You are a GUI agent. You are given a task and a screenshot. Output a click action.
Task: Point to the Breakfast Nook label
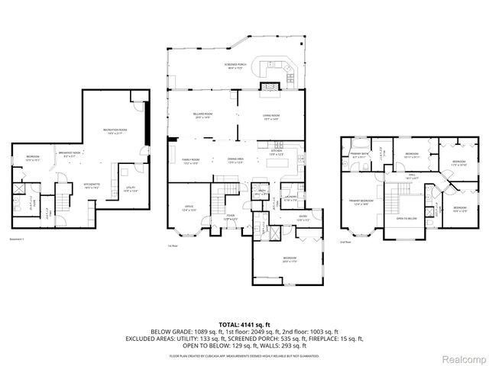70,153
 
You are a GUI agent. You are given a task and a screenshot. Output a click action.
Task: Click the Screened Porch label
234,66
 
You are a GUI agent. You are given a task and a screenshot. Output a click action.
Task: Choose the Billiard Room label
203,114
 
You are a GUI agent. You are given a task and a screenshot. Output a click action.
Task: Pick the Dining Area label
235,159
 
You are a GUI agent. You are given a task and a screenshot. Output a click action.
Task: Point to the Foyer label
229,217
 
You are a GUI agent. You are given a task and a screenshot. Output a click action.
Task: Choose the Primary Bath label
360,153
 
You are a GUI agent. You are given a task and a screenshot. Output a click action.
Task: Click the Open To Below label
407,218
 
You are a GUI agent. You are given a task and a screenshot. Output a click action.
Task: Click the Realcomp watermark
464,356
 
